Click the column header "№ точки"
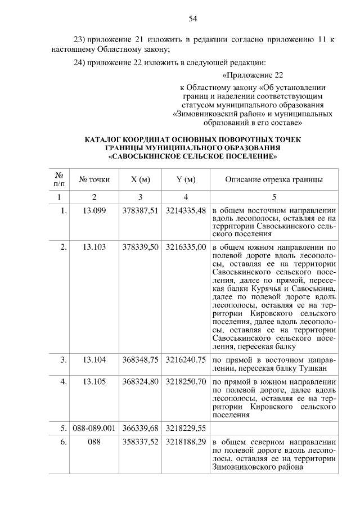(x=94, y=180)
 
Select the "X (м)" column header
(x=140, y=180)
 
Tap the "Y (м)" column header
(x=186, y=180)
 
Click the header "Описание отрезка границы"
(x=274, y=180)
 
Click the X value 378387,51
(x=140, y=211)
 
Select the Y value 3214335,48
(x=186, y=211)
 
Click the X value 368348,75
(x=140, y=358)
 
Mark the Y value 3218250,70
(x=186, y=381)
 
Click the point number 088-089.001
(x=94, y=427)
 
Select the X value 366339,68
(x=140, y=427)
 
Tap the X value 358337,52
(x=140, y=442)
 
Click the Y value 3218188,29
(x=186, y=442)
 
